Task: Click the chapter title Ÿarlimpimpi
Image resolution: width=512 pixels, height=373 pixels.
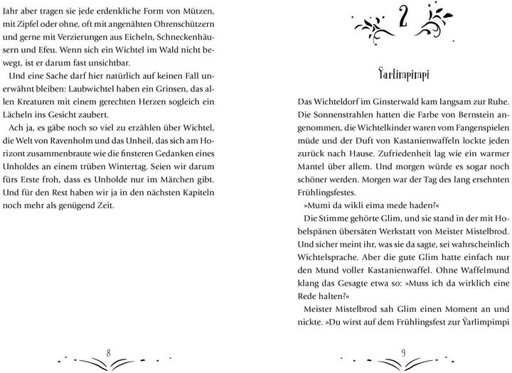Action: [x=402, y=75]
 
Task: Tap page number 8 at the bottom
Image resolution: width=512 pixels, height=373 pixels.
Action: [x=108, y=353]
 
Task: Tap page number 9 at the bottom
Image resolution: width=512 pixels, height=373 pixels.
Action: [x=402, y=353]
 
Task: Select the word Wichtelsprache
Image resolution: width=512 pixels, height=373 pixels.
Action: [x=328, y=256]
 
